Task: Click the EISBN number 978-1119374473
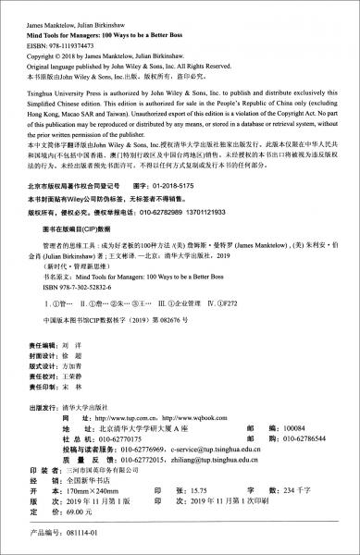coord(75,31)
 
